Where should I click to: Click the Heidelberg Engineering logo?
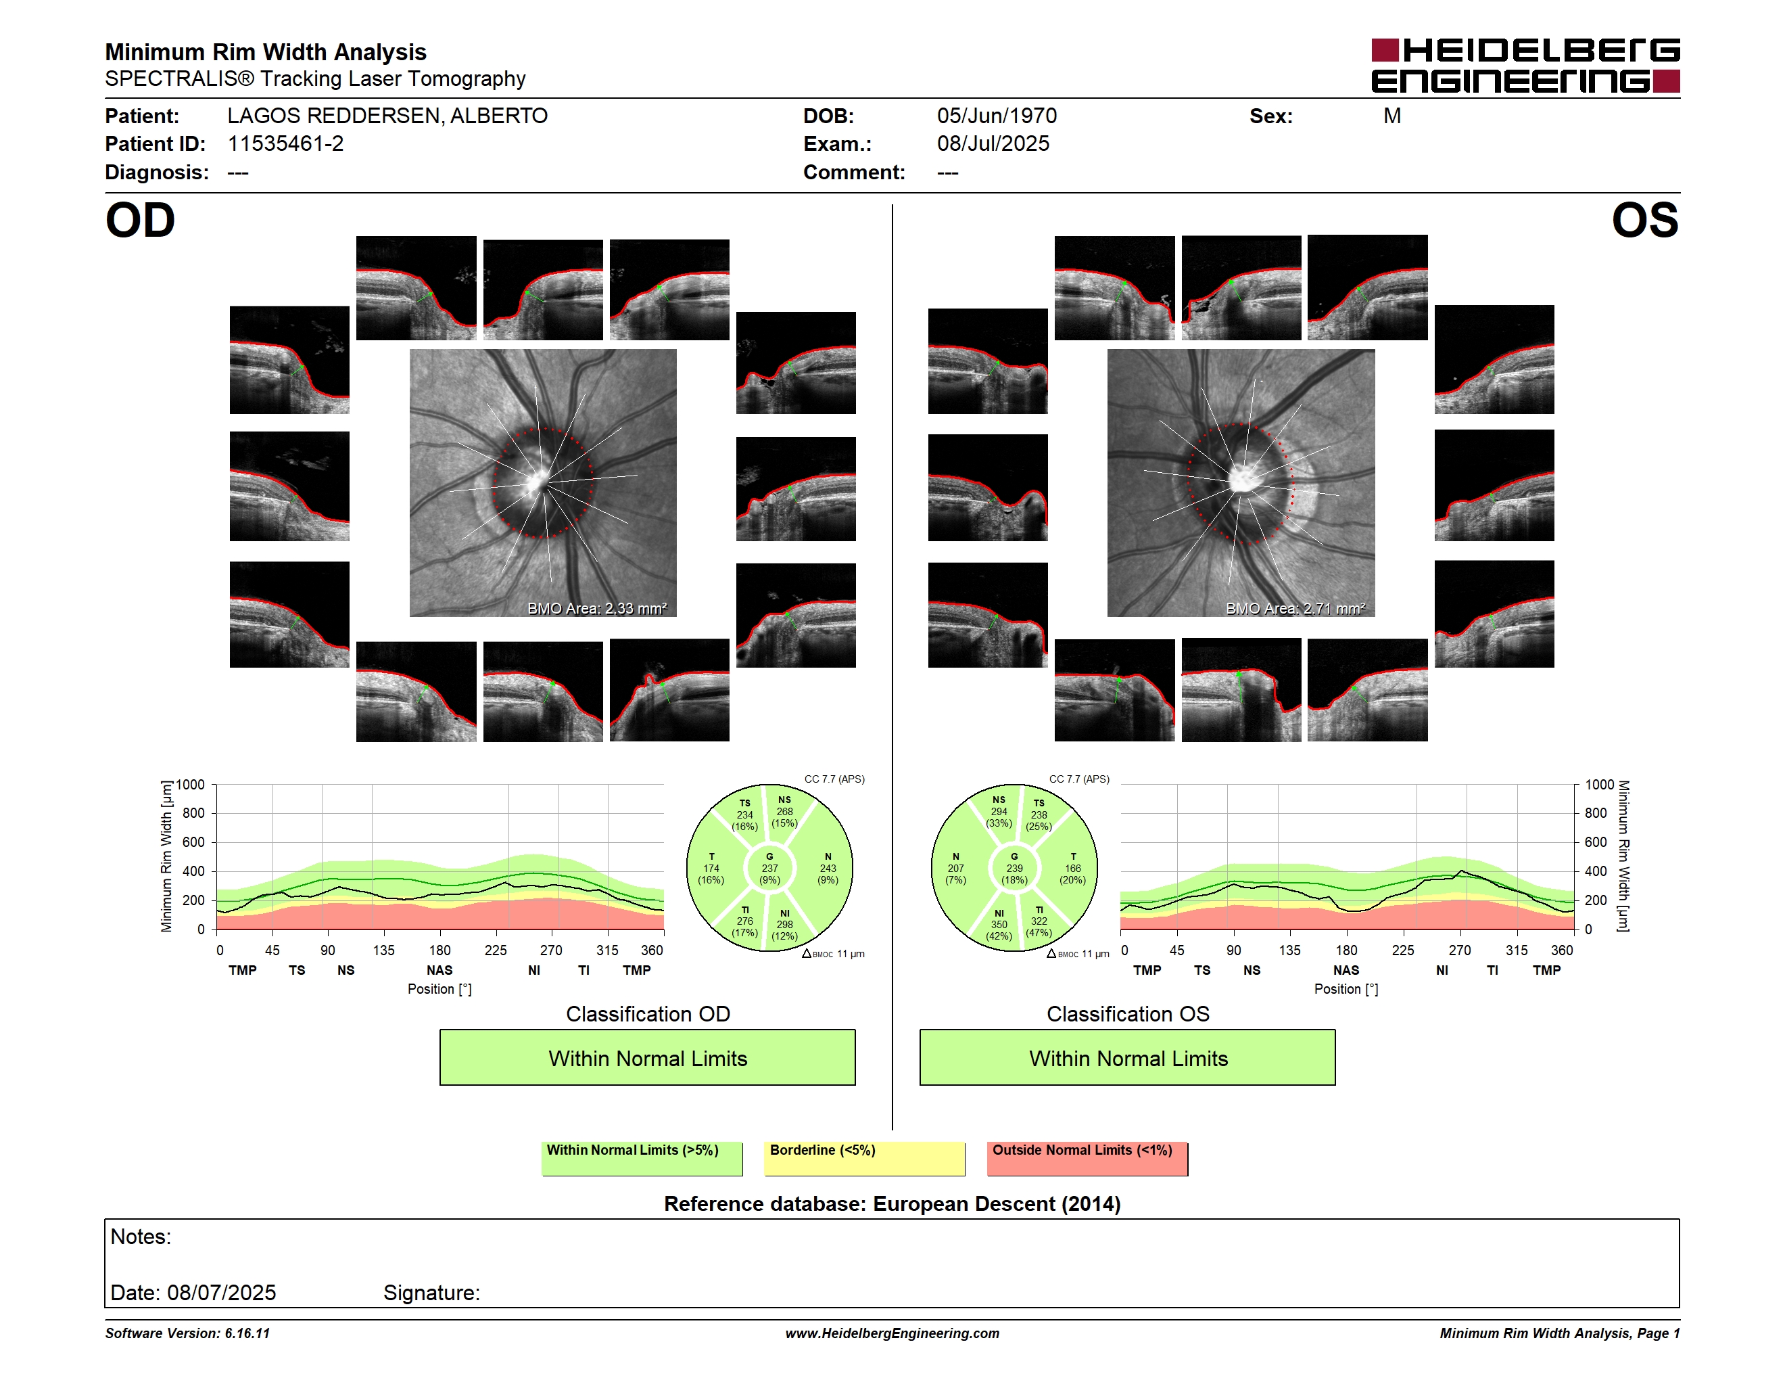click(1525, 66)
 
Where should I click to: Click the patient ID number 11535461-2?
click(285, 144)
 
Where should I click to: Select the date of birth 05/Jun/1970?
click(997, 116)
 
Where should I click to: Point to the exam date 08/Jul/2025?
click(993, 144)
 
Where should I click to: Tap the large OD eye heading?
click(141, 221)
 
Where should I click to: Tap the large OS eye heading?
click(1644, 221)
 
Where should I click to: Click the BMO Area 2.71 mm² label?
click(1295, 608)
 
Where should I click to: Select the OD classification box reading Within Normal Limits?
click(647, 1057)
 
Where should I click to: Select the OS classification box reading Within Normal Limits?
click(1128, 1057)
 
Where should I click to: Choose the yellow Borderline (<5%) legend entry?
click(864, 1158)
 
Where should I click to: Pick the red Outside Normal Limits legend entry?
click(1087, 1158)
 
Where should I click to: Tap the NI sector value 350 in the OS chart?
click(999, 925)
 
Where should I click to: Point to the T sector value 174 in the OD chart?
click(711, 868)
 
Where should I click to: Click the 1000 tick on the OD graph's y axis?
click(191, 785)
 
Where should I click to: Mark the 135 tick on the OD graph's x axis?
click(383, 950)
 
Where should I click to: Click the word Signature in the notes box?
click(431, 1293)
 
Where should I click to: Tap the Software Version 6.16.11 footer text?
click(187, 1333)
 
